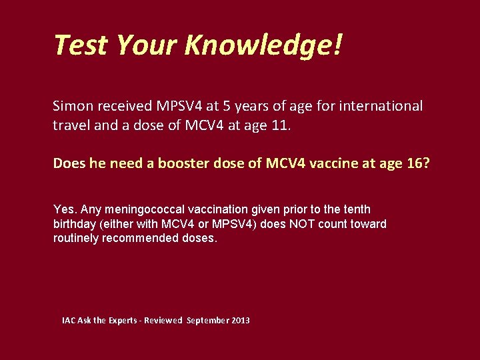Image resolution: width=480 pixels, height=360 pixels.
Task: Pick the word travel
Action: (x=71, y=125)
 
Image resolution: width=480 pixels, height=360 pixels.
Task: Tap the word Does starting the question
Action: (x=69, y=163)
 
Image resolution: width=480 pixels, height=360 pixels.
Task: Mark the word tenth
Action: (x=355, y=209)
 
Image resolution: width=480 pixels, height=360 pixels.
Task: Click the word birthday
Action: (x=74, y=223)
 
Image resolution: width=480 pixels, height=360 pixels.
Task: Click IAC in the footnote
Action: (x=69, y=321)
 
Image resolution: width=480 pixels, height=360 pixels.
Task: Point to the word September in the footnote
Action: (x=208, y=321)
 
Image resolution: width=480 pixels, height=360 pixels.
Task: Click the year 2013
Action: (x=241, y=321)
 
